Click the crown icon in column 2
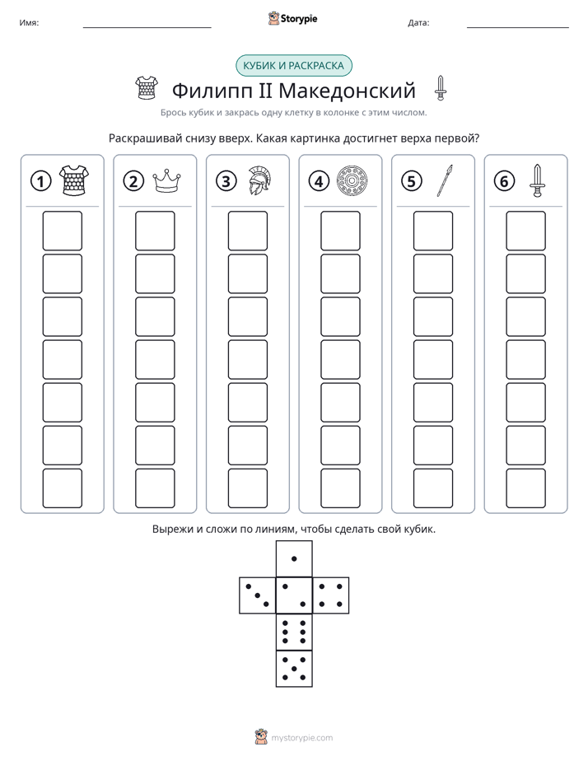click(x=166, y=180)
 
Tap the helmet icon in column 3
click(x=259, y=180)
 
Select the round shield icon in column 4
click(x=352, y=180)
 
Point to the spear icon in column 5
click(x=445, y=180)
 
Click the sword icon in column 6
click(x=537, y=180)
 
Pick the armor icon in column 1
click(x=74, y=180)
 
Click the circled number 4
click(x=319, y=181)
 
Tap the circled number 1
click(x=40, y=181)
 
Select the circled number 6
click(x=504, y=181)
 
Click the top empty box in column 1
click(x=62, y=231)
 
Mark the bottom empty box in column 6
click(x=526, y=488)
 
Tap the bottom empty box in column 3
click(x=247, y=488)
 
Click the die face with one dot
click(x=294, y=558)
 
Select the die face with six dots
click(x=294, y=632)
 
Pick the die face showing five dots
click(x=294, y=669)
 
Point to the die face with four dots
click(x=331, y=595)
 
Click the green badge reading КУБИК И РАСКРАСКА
click(x=293, y=66)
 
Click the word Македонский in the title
click(x=347, y=91)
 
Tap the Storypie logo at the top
click(x=292, y=18)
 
